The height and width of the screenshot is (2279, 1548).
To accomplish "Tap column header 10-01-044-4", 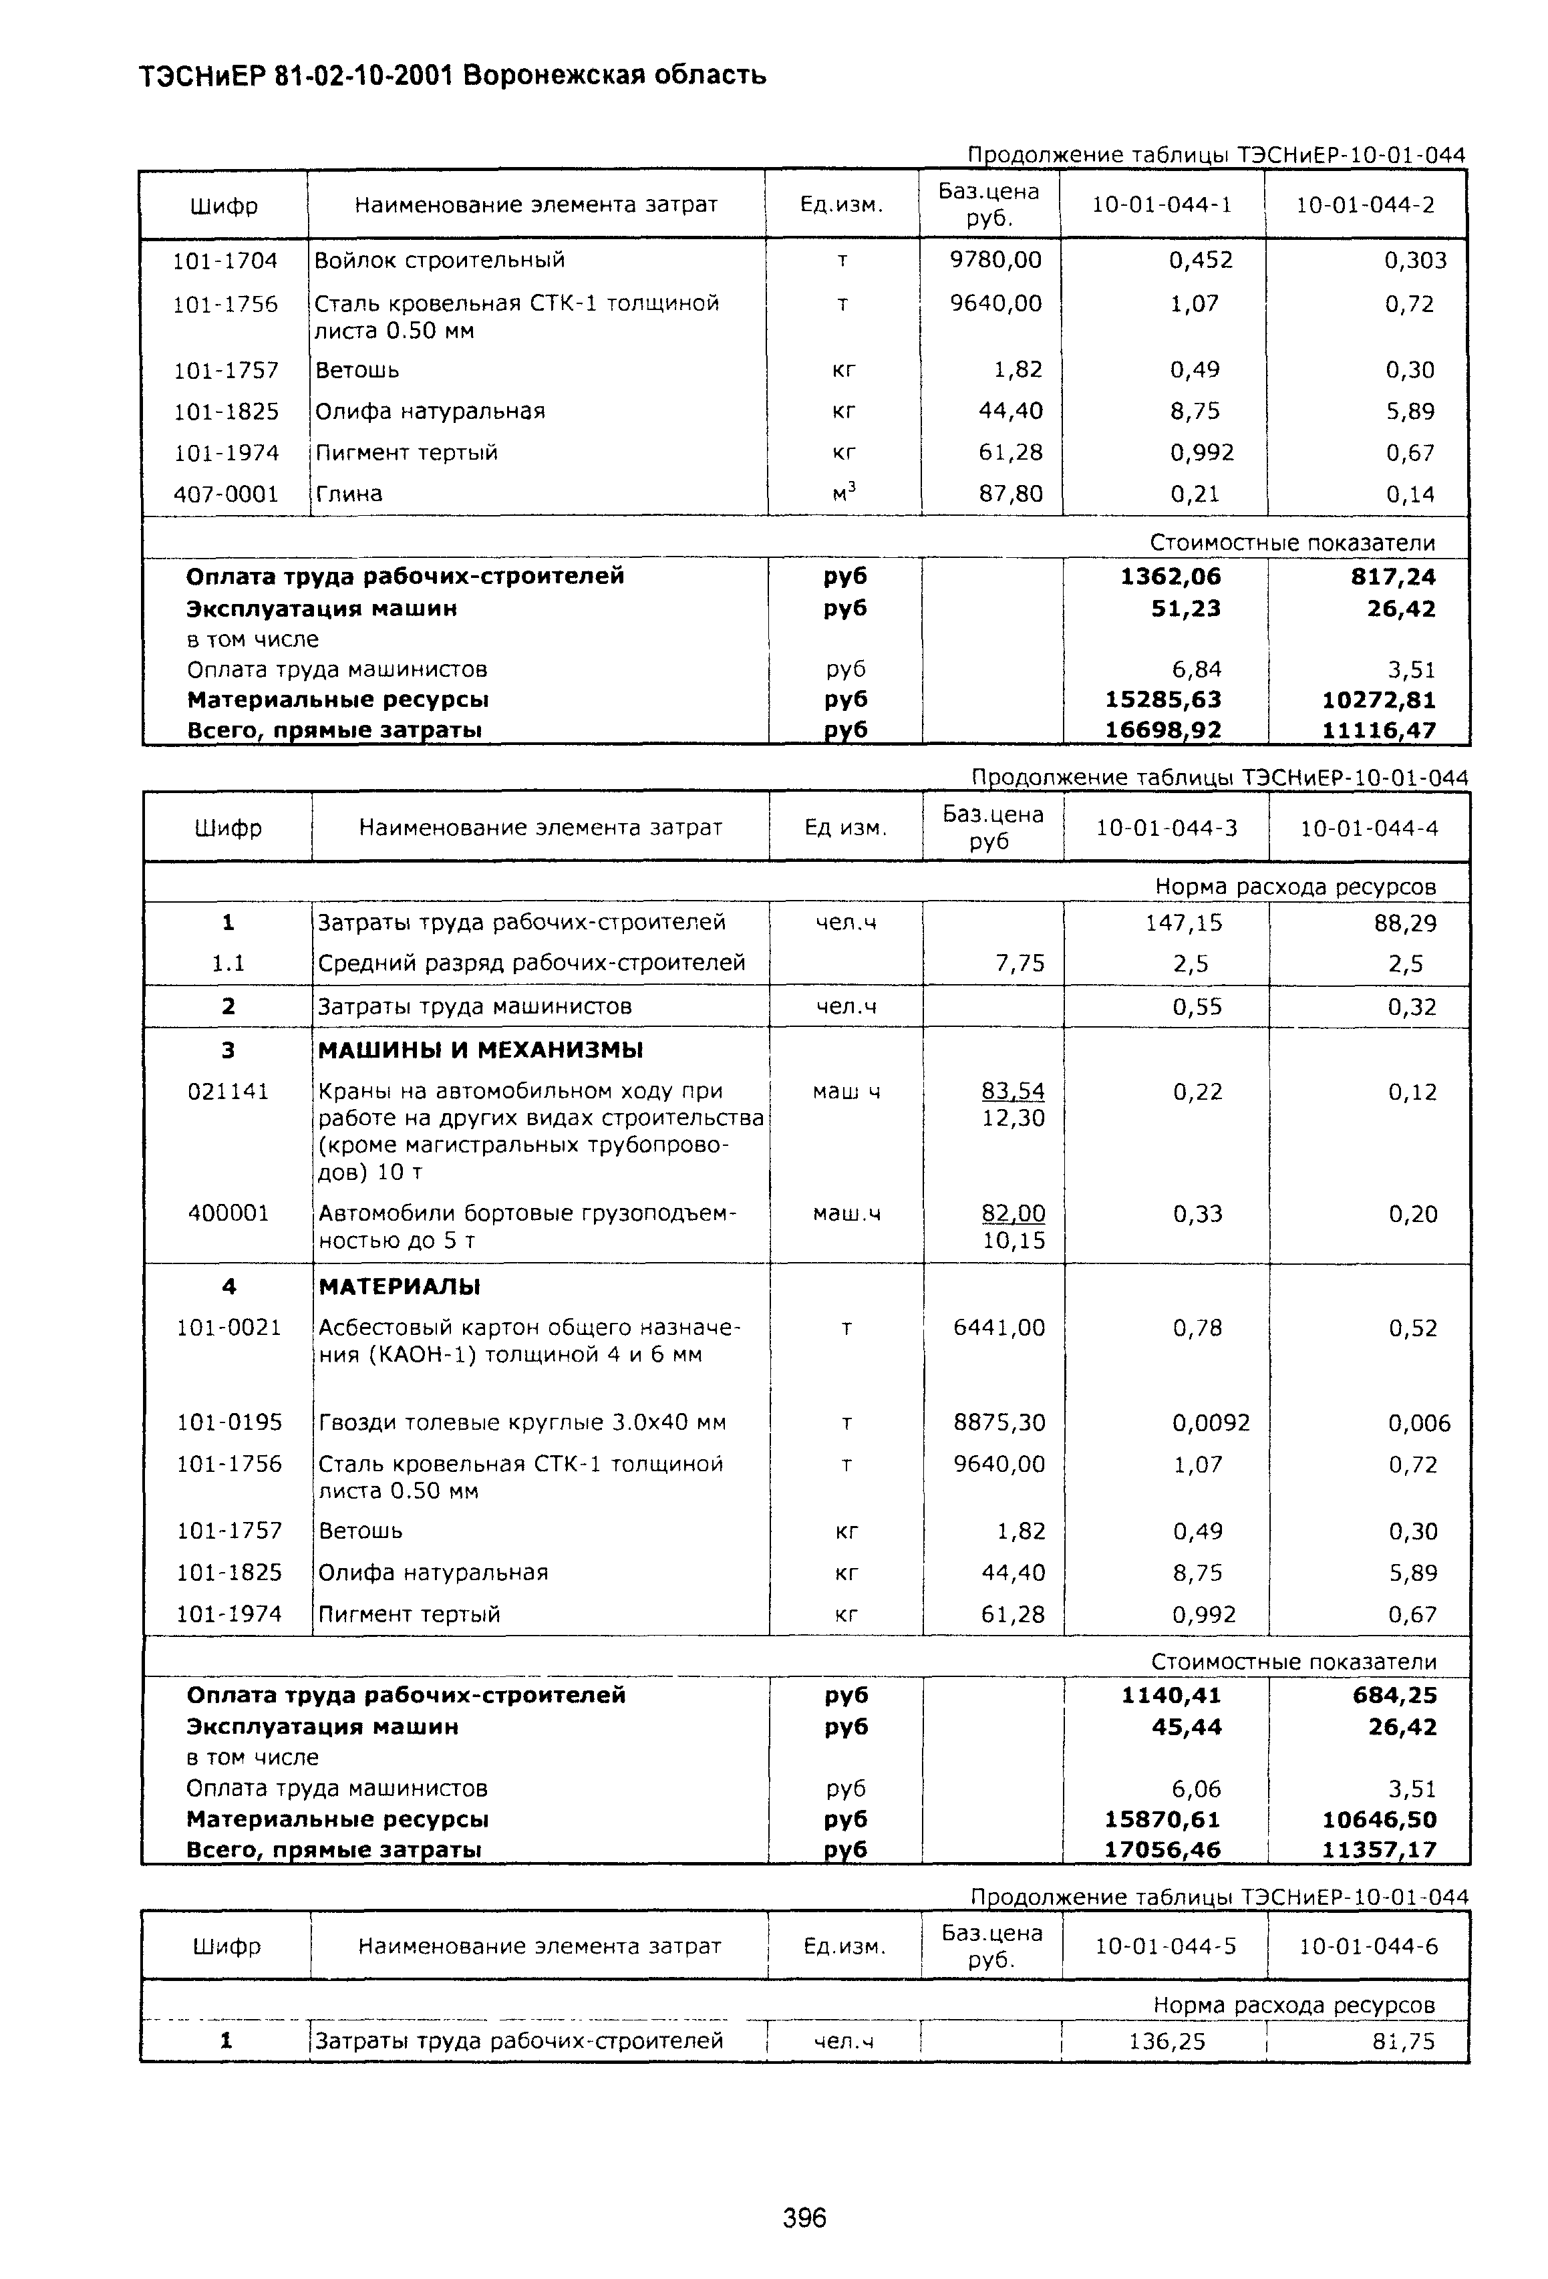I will point(1368,828).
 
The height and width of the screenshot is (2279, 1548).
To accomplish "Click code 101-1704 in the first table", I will point(225,261).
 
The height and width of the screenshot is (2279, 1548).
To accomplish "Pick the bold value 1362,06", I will point(1171,577).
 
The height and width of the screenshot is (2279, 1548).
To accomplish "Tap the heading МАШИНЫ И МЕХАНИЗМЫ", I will point(480,1050).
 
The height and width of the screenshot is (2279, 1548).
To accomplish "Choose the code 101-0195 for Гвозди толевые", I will point(228,1422).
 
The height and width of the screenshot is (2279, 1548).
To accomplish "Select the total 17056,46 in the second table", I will point(1163,1851).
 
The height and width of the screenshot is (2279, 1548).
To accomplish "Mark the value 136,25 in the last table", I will point(1167,2042).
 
